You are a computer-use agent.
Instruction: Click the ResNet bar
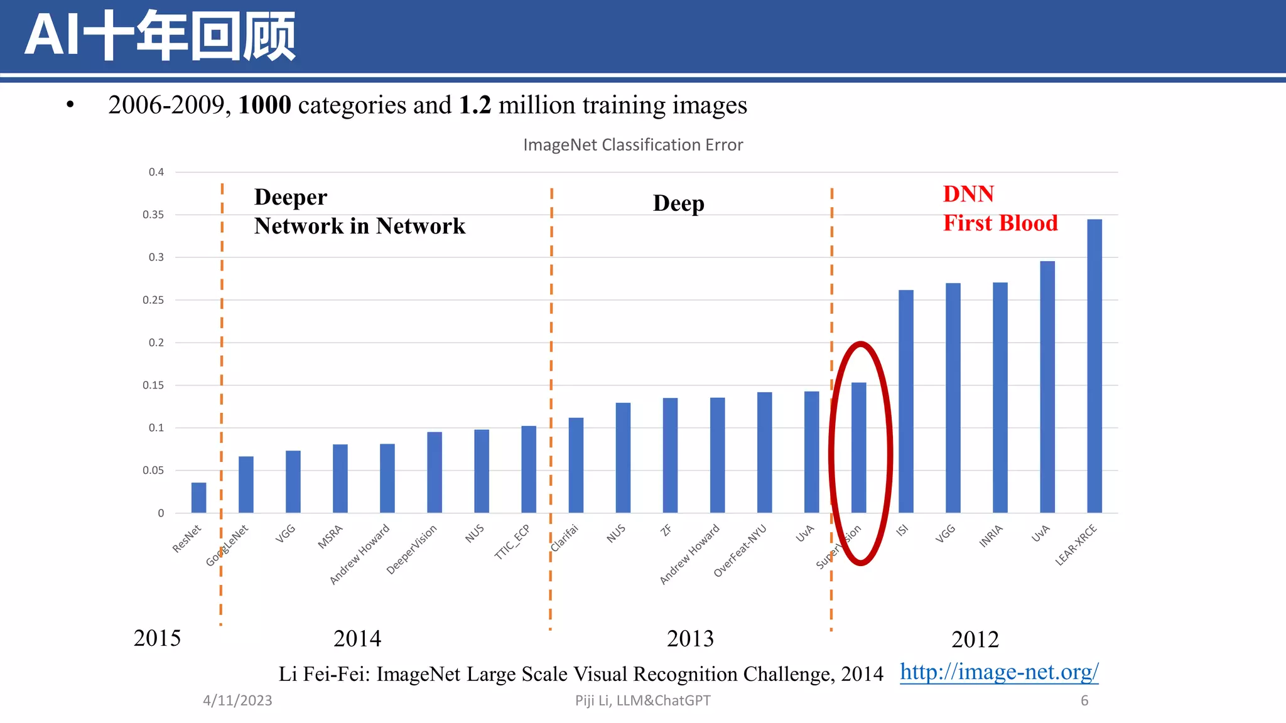coord(198,498)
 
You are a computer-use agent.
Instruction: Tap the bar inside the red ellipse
coord(858,447)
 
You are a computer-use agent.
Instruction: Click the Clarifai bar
coord(576,465)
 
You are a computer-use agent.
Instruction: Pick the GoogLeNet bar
coord(246,485)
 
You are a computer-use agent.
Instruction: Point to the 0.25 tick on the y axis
coord(153,300)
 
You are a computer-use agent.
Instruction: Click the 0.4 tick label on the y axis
coord(156,172)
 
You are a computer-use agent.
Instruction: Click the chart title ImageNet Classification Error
coord(633,145)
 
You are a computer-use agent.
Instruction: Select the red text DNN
coord(968,194)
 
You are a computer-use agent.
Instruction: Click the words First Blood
coord(1000,223)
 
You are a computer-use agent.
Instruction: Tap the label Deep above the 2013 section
coord(678,203)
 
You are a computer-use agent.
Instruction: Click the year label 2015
coord(157,638)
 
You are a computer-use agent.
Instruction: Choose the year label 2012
coord(975,640)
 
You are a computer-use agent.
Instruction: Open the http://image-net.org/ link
coord(999,672)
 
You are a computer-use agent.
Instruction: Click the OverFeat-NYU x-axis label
coord(741,550)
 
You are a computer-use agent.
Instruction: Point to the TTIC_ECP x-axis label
coord(513,541)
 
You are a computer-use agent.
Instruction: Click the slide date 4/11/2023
coord(237,700)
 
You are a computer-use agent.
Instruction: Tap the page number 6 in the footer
coord(1084,700)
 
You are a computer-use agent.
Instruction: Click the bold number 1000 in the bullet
coord(264,105)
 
